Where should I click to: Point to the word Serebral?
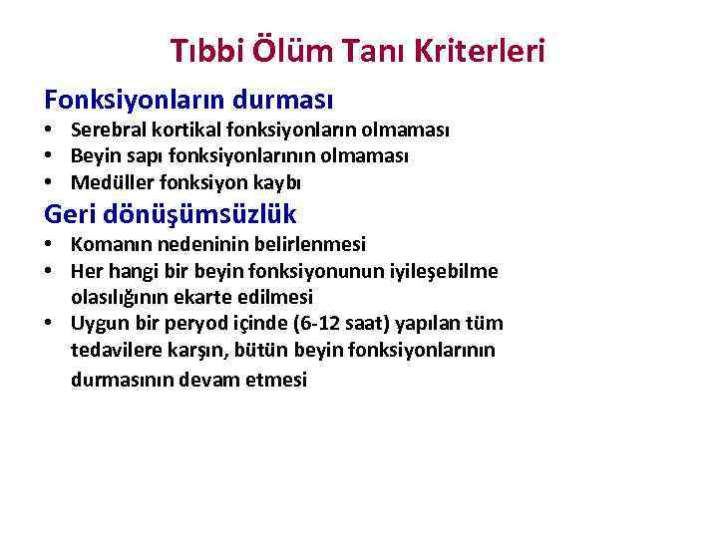pyautogui.click(x=105, y=131)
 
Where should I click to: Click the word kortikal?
pyautogui.click(x=175, y=131)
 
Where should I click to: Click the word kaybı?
pyautogui.click(x=278, y=182)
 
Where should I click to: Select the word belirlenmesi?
pyautogui.click(x=316, y=244)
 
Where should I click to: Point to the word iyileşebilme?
pyautogui.click(x=448, y=271)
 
